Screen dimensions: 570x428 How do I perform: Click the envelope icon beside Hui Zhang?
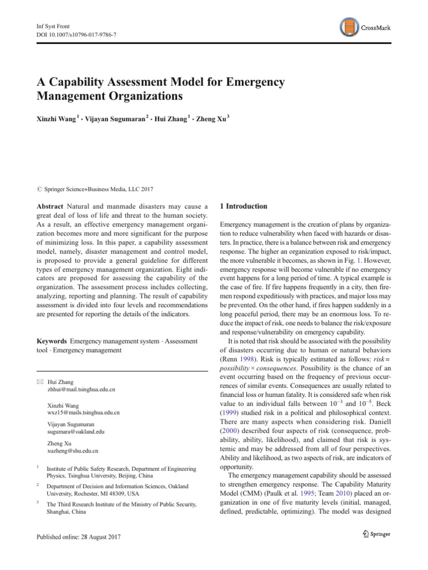(x=38, y=382)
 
